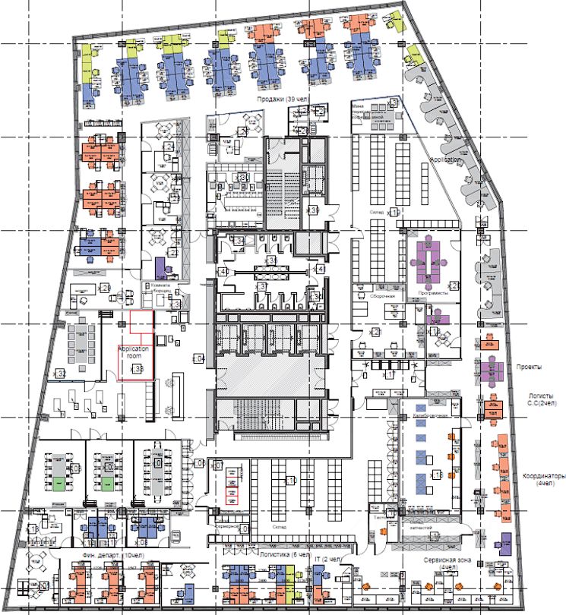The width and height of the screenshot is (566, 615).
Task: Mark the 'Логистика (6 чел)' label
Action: click(285, 555)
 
